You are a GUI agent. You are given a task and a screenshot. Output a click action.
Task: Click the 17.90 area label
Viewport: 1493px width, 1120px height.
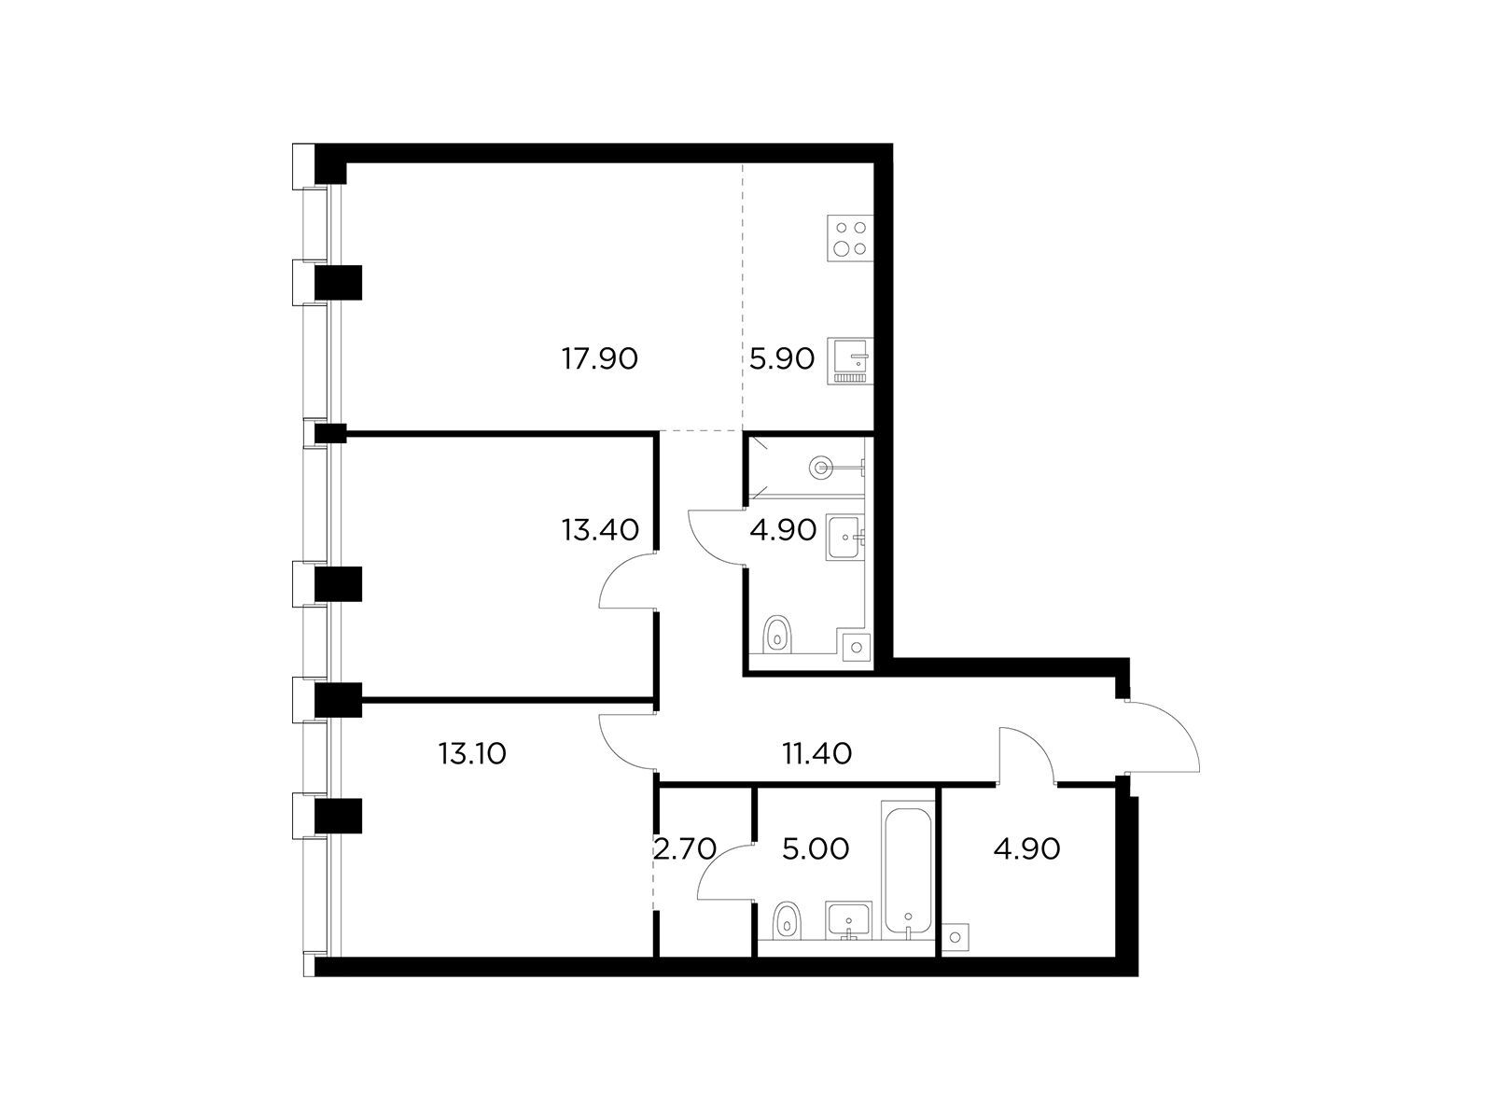600,358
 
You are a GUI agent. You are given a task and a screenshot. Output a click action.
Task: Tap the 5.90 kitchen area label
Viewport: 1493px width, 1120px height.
782,358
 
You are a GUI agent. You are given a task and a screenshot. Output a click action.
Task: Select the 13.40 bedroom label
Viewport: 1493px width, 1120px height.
601,530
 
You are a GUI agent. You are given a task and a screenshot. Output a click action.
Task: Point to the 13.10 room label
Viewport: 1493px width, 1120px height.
473,753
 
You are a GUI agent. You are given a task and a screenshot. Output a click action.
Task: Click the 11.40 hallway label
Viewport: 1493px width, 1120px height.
816,753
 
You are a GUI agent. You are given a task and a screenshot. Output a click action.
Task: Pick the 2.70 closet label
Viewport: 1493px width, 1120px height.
685,848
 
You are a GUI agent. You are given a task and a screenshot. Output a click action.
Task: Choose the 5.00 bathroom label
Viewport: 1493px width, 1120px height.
816,848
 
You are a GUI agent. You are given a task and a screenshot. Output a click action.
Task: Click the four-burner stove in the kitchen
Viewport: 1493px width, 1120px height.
850,238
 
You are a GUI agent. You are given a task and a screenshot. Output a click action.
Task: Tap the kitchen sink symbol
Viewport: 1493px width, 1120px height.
850,361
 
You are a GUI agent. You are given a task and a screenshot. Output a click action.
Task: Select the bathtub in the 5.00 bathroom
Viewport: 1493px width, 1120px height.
908,871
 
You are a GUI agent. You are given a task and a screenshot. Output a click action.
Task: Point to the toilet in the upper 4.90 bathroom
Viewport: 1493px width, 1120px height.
778,635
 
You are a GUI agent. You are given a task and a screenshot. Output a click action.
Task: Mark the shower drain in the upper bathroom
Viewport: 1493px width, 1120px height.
822,468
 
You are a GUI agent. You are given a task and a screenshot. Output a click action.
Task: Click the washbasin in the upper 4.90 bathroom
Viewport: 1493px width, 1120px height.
844,538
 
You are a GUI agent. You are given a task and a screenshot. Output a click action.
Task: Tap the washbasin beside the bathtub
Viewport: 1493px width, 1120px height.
848,921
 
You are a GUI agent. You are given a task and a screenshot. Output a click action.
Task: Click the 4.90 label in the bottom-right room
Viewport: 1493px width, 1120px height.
1027,848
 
